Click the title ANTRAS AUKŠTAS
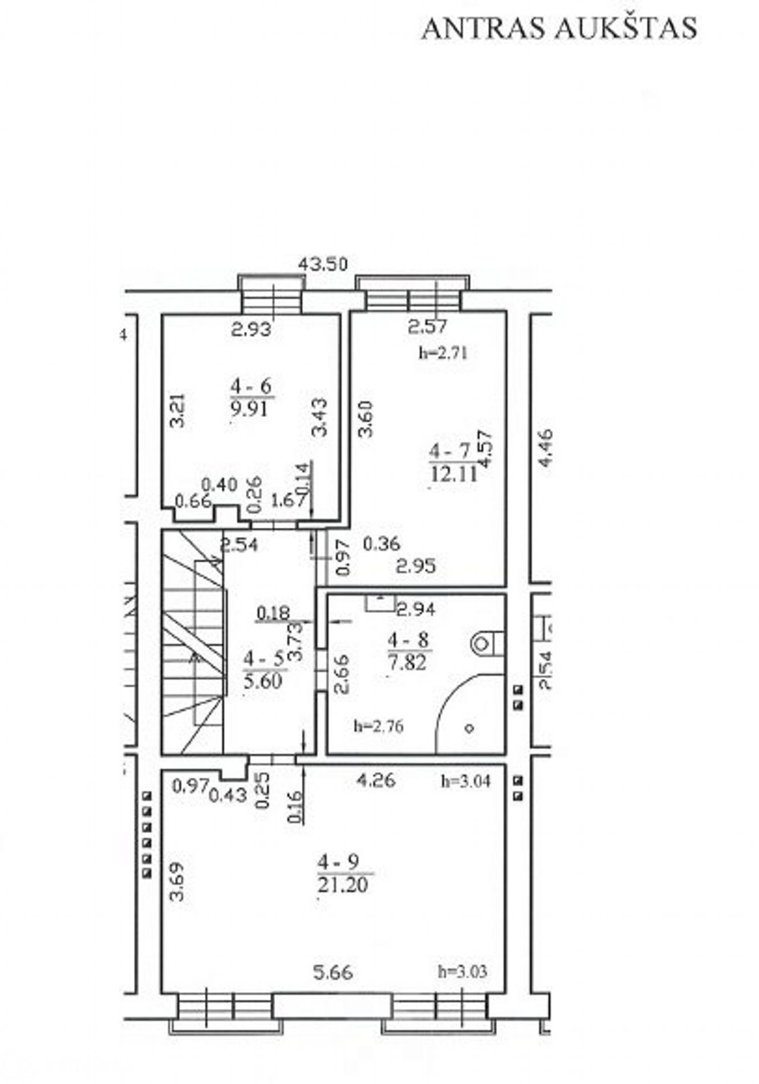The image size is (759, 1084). point(559,28)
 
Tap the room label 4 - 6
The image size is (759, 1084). point(251,386)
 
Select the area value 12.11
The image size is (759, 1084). point(453,474)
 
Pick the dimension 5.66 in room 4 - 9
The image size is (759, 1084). point(334,972)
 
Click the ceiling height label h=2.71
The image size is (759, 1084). point(443,353)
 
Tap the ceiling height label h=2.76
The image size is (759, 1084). point(379,726)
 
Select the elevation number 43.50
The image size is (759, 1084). point(323,264)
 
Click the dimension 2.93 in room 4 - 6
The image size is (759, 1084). point(251,329)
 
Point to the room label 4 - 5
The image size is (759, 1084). point(263,659)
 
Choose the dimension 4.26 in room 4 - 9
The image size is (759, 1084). point(375,780)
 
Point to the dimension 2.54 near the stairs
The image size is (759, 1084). point(239,545)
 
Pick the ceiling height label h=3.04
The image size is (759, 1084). point(465,781)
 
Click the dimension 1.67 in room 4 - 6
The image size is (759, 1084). point(289,501)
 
